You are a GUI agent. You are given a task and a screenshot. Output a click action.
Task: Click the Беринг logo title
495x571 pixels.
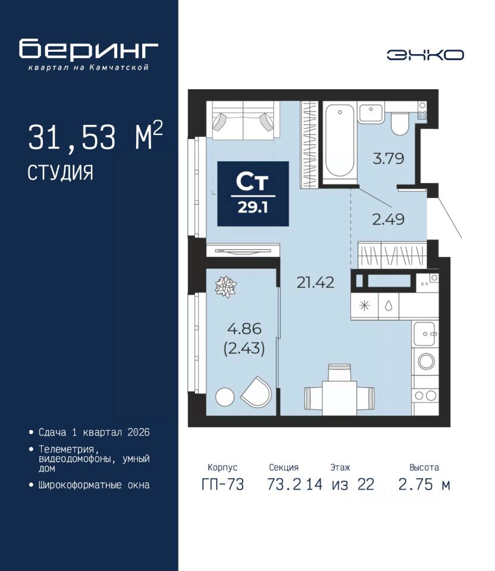[x=89, y=49]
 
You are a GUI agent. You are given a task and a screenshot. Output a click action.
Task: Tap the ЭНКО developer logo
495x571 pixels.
[x=425, y=55]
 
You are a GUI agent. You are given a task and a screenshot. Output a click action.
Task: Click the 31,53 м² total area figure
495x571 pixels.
[x=95, y=137]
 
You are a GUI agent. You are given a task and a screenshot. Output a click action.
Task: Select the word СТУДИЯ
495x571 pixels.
[x=60, y=172]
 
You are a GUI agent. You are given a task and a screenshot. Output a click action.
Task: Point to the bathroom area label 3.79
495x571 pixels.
[x=389, y=159]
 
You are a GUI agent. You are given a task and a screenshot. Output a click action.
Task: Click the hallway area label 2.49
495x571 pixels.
[x=388, y=219]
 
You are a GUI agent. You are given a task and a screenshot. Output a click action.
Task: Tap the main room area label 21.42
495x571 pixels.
[x=315, y=282]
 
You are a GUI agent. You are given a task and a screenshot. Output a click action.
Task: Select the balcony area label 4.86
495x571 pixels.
[x=244, y=328]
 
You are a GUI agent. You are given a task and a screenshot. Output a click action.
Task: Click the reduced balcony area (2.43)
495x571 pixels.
[x=244, y=349]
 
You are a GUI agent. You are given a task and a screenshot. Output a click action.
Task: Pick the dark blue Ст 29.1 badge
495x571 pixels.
[x=253, y=194]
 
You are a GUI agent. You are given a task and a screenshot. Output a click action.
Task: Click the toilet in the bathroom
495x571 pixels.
[x=400, y=123]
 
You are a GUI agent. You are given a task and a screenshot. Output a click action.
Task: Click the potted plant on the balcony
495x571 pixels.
[x=226, y=287]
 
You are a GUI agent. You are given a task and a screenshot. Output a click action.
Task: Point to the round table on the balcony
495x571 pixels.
[x=225, y=397]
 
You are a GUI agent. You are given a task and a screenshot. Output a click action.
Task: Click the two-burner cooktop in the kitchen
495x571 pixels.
[x=425, y=396]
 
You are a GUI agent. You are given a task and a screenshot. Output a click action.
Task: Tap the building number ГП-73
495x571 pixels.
[x=223, y=485]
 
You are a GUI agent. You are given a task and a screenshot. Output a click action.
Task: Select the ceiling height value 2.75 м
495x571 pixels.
[x=424, y=485]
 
